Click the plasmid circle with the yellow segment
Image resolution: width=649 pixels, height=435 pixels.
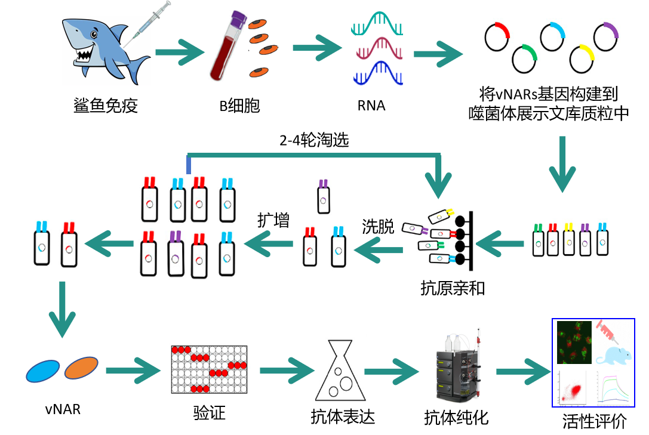[x=582, y=58]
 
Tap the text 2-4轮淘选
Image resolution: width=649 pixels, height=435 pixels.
[x=314, y=141]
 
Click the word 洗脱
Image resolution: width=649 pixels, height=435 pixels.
[x=379, y=227]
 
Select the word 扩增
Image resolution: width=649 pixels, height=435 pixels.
[x=273, y=220]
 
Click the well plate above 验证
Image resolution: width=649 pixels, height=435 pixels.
[x=209, y=369]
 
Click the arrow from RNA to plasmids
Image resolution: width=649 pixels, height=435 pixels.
[x=439, y=53]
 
